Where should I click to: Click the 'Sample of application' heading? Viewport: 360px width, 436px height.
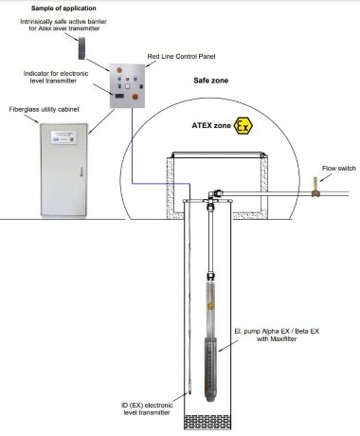[x=60, y=7]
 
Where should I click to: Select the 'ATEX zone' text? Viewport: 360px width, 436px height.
[x=210, y=125]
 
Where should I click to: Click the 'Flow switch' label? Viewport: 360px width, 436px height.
[x=332, y=168]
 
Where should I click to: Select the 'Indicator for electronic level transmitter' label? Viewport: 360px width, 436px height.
[x=58, y=75]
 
